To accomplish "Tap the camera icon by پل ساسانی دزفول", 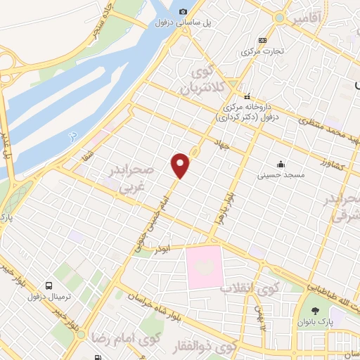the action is [183, 11].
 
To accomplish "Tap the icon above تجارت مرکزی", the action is [262, 40].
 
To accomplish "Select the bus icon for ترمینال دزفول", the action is [49, 286].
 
